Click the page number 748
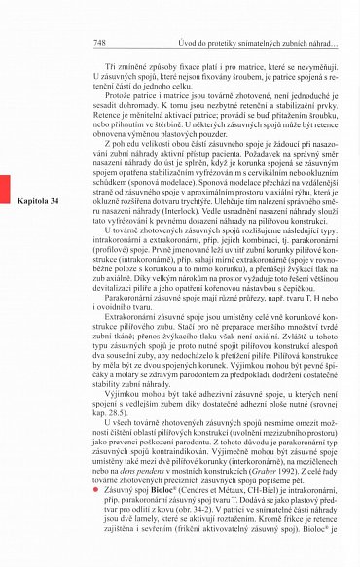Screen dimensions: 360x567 tap(98, 44)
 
